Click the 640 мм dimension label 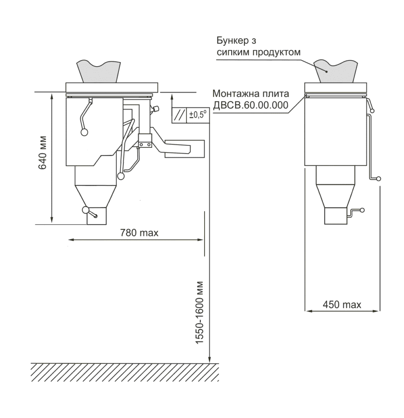pyautogui.click(x=43, y=153)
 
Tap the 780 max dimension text pyautogui.click(x=139, y=233)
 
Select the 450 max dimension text pyautogui.click(x=342, y=305)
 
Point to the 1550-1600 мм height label pyautogui.click(x=200, y=313)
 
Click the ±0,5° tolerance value pyautogui.click(x=198, y=115)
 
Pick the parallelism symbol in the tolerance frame pyautogui.click(x=179, y=116)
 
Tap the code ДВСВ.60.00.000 pyautogui.click(x=250, y=105)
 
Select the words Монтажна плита pyautogui.click(x=250, y=93)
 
